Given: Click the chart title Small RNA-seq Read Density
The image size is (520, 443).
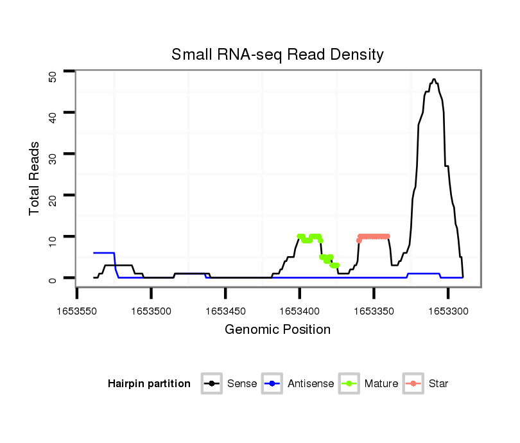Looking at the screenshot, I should (277, 55).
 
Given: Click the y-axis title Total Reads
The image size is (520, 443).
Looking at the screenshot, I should (35, 178).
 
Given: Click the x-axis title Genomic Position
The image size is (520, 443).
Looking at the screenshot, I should (277, 330).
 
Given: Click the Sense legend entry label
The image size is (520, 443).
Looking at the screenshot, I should (242, 384).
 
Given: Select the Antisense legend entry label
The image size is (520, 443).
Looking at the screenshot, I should (311, 384).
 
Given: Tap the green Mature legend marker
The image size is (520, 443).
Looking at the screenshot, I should (349, 384).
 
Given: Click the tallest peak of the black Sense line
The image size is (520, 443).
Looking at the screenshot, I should (435, 80).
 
